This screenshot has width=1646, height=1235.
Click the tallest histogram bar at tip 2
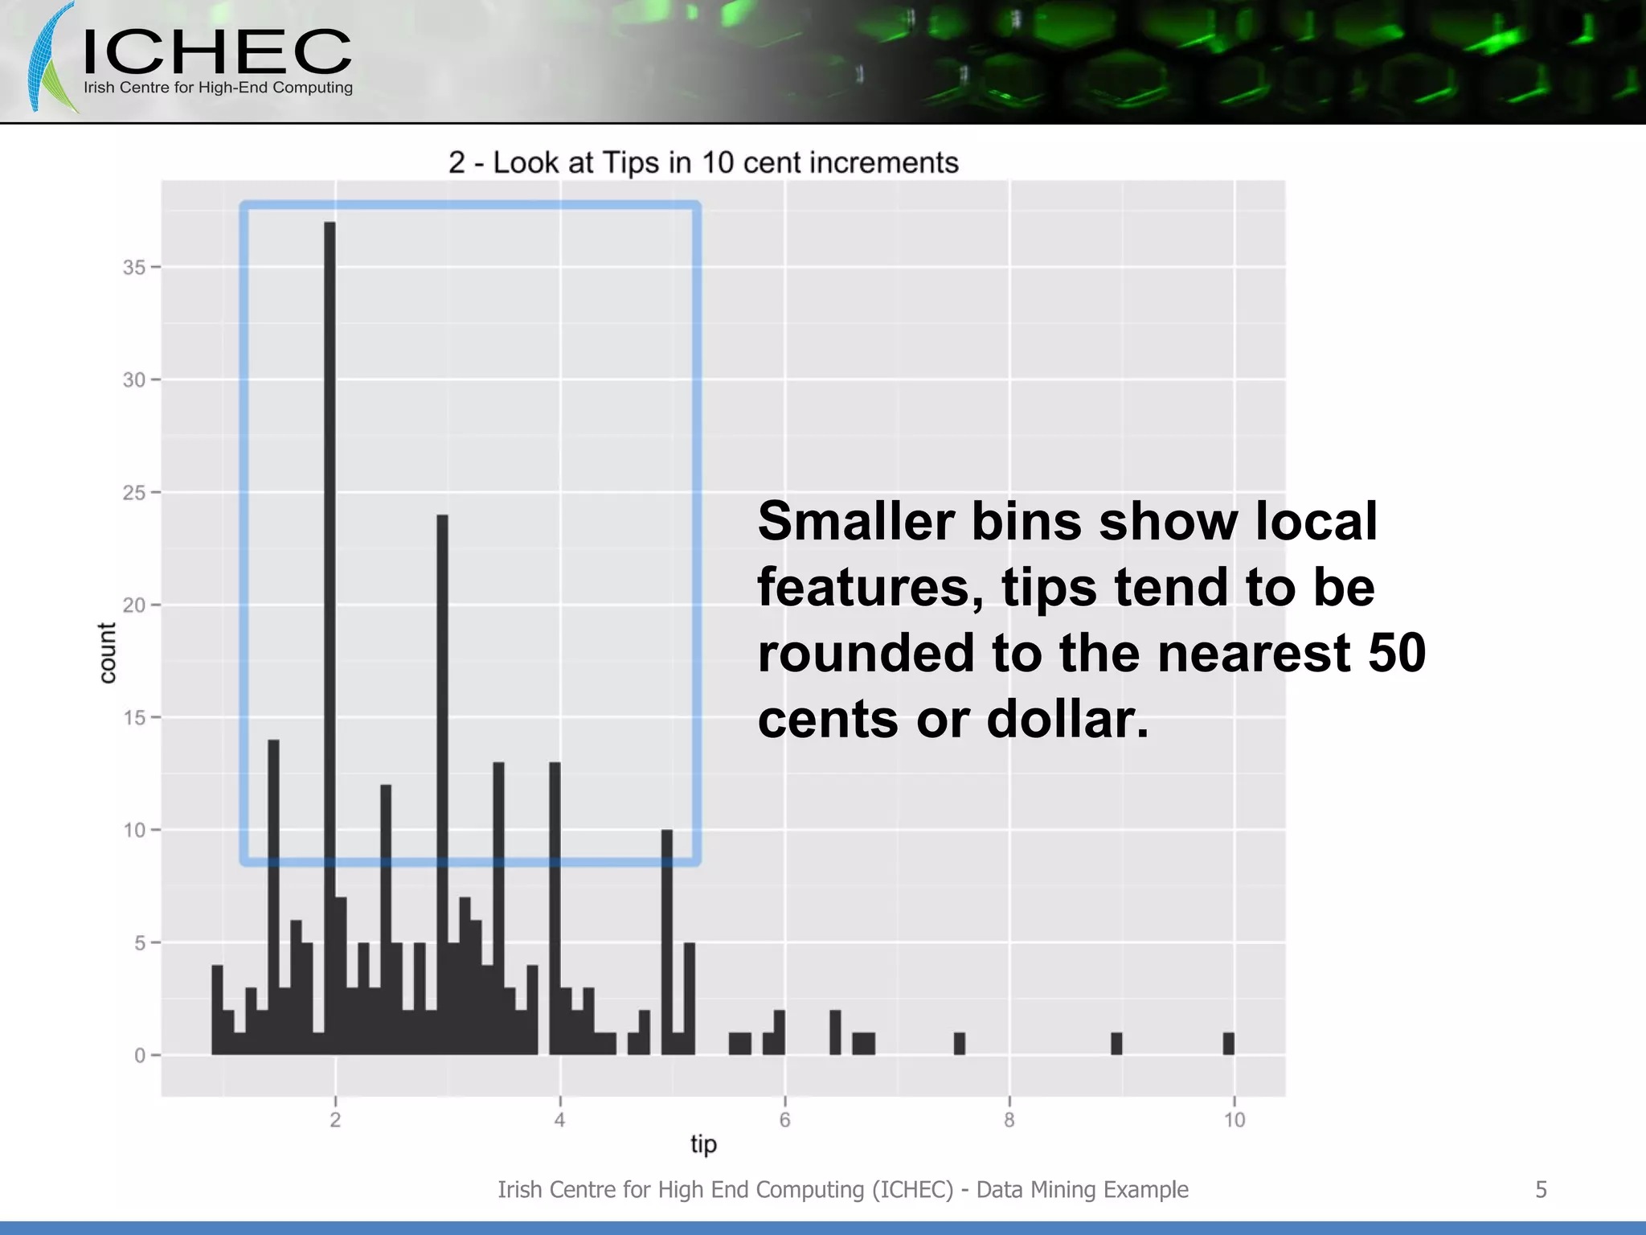pyautogui.click(x=330, y=635)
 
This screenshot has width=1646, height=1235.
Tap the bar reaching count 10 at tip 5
pyautogui.click(x=667, y=941)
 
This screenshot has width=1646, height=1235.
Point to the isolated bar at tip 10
pyautogui.click(x=1228, y=1044)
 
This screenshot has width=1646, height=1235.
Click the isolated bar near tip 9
pyautogui.click(x=1116, y=1044)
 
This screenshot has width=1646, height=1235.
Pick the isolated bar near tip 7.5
pyautogui.click(x=959, y=1044)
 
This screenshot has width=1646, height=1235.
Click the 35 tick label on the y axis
pyautogui.click(x=134, y=268)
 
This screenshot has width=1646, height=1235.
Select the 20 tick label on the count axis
pyautogui.click(x=134, y=605)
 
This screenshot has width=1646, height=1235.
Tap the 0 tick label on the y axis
pyautogui.click(x=140, y=1056)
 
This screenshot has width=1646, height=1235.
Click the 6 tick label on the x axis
pyautogui.click(x=785, y=1120)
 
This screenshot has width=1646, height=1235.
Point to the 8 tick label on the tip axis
pyautogui.click(x=1009, y=1120)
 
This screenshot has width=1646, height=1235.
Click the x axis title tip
pyautogui.click(x=703, y=1144)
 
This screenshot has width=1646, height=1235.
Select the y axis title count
pyautogui.click(x=107, y=653)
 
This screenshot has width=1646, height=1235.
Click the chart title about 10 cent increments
pyautogui.click(x=703, y=163)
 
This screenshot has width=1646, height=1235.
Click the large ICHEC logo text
pyautogui.click(x=217, y=52)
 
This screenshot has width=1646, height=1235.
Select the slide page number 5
pyautogui.click(x=1541, y=1190)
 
